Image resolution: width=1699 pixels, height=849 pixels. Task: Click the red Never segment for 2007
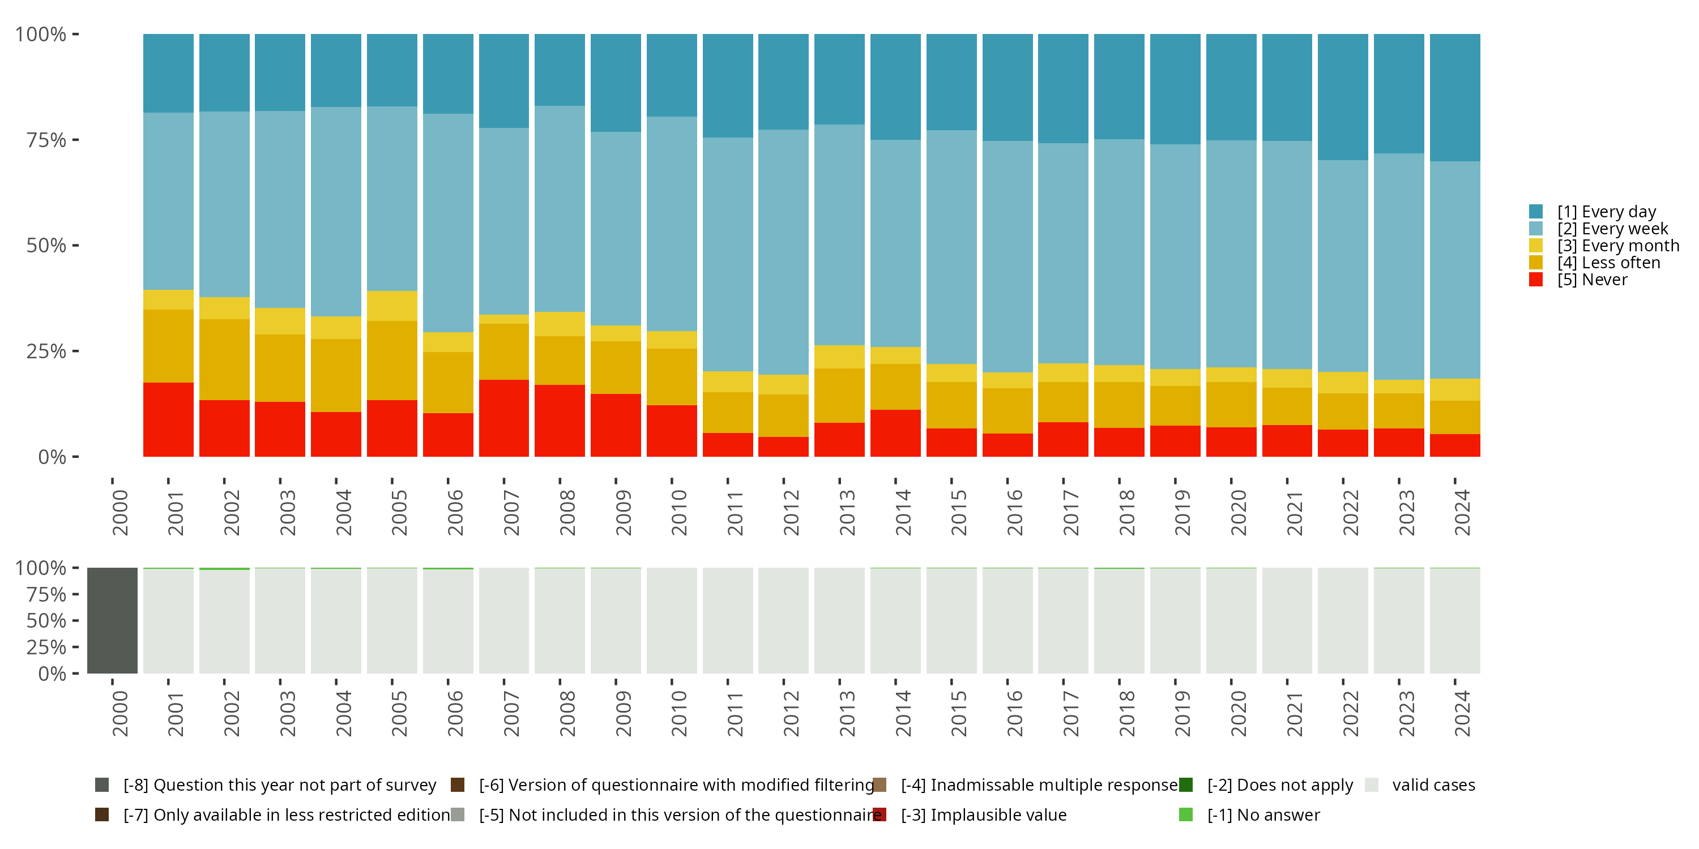[x=504, y=418]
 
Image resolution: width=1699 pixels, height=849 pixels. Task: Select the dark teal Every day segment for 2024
[x=1455, y=97]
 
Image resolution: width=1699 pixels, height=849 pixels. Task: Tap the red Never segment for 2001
[x=168, y=419]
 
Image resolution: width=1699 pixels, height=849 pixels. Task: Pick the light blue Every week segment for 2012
[x=784, y=252]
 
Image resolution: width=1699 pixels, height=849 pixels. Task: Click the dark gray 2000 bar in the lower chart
[x=112, y=620]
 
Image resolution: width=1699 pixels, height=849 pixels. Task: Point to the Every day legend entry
[x=1606, y=212]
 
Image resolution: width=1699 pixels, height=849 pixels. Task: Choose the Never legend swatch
[x=1536, y=280]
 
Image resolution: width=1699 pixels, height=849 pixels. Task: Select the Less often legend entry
[x=1608, y=263]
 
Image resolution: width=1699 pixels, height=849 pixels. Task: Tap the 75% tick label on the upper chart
[x=46, y=140]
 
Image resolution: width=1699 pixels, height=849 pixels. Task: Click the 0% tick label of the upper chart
[x=52, y=457]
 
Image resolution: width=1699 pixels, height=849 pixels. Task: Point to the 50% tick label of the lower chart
[x=46, y=620]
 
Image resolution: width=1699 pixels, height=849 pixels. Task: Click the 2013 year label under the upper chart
[x=847, y=512]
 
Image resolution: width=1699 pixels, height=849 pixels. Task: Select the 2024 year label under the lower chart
[x=1462, y=713]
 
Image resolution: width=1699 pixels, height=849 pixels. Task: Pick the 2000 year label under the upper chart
[x=120, y=512]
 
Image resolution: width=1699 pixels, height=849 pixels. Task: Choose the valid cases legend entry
[x=1433, y=785]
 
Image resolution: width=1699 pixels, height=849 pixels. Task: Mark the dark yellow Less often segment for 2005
[x=392, y=360]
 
